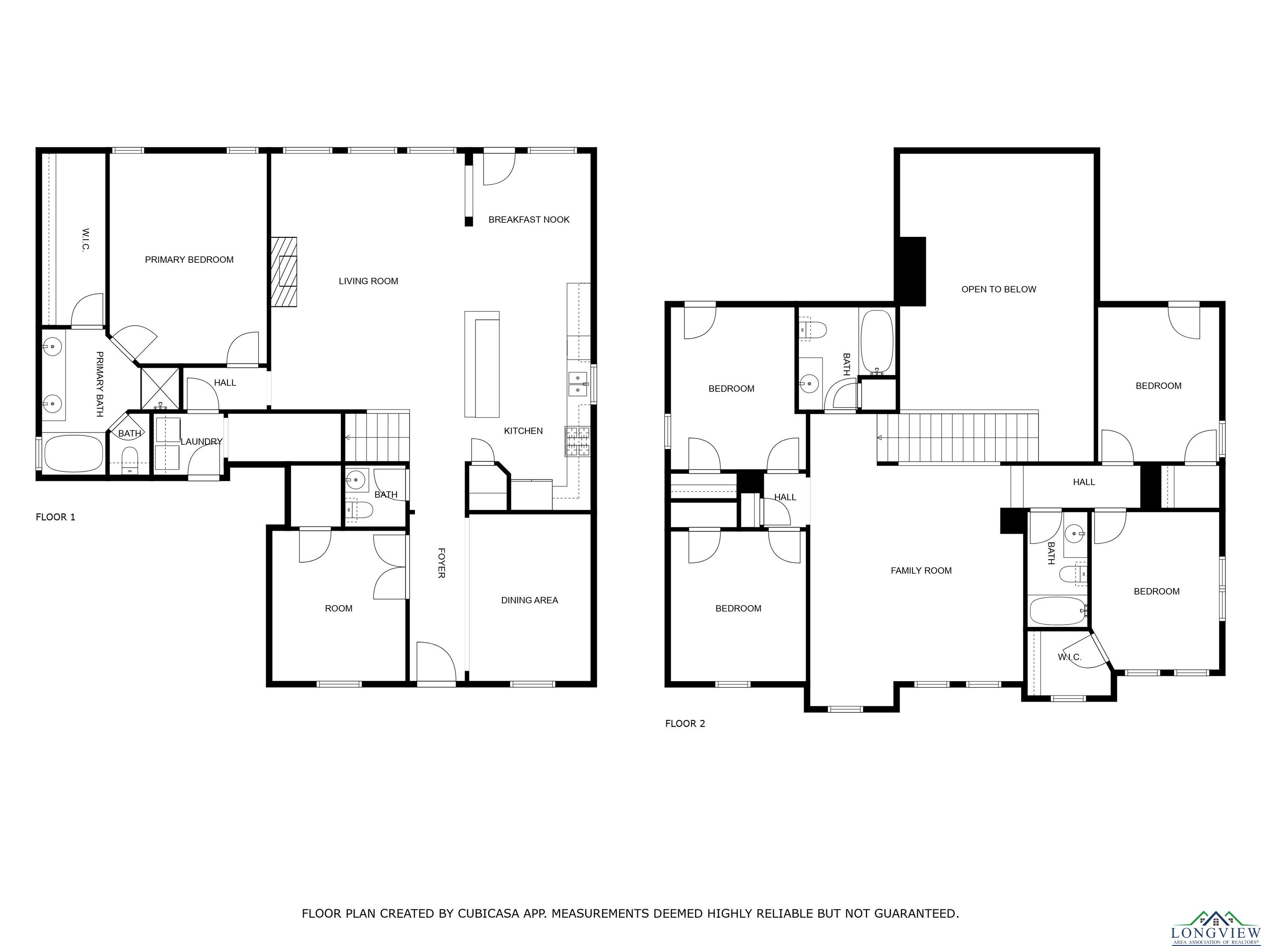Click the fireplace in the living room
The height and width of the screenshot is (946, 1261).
(x=284, y=272)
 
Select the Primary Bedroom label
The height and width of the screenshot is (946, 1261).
(x=189, y=259)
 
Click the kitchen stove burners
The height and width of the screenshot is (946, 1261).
(x=578, y=441)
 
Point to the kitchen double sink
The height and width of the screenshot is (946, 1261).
(x=578, y=384)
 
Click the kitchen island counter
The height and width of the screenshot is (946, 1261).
(x=482, y=364)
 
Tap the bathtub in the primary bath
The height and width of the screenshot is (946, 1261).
(x=73, y=453)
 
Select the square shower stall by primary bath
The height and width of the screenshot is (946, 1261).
(x=160, y=389)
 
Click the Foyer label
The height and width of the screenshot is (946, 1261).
(x=441, y=563)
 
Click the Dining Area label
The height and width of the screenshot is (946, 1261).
(x=530, y=600)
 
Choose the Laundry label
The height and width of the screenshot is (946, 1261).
(x=201, y=441)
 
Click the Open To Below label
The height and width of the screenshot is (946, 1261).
(x=999, y=289)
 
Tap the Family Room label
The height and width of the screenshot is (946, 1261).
(x=921, y=570)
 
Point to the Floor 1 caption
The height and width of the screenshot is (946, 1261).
(x=55, y=517)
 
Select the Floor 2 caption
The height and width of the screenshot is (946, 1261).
(x=685, y=723)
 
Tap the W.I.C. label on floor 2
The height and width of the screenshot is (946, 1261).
(x=1069, y=657)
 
